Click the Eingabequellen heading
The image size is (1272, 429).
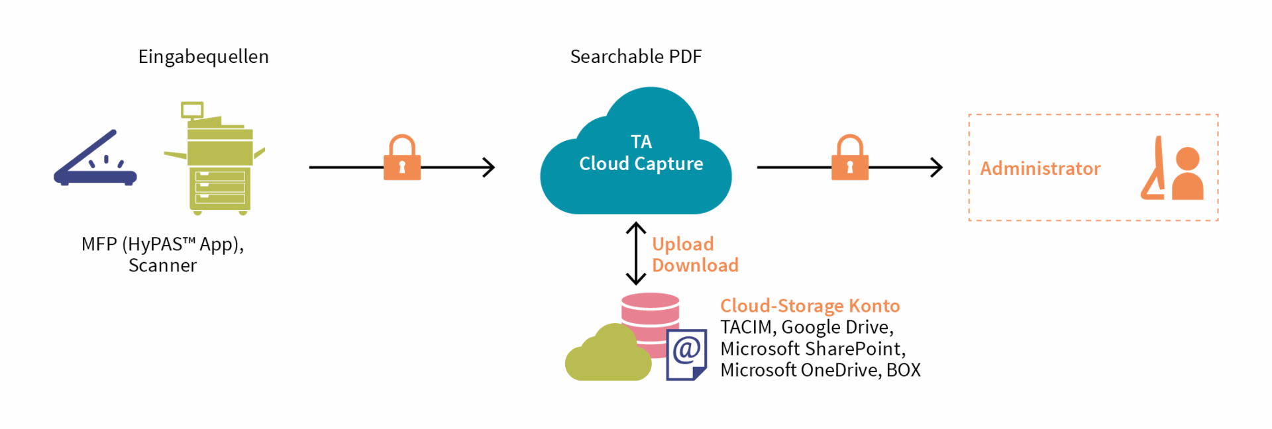coord(203,58)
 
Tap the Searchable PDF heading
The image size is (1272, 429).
coord(636,57)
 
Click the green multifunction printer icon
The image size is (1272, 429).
coord(215,158)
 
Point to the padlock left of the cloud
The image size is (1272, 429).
coord(402,158)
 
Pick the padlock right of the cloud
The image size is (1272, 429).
coord(850,158)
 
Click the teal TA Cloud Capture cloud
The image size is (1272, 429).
coord(636,152)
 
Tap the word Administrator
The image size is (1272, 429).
coord(1040,168)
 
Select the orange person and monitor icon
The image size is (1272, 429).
coord(1172,168)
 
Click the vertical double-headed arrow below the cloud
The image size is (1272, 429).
coord(636,253)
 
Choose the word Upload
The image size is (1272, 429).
coord(683,244)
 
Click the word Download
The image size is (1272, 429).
coord(695,265)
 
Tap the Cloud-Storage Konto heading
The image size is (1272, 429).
coord(810,306)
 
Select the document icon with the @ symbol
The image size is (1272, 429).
coord(686,355)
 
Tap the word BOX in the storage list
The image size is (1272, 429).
coord(904,369)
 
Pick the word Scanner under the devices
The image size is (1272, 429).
coord(162,265)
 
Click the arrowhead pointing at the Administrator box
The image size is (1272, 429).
coord(937,167)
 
